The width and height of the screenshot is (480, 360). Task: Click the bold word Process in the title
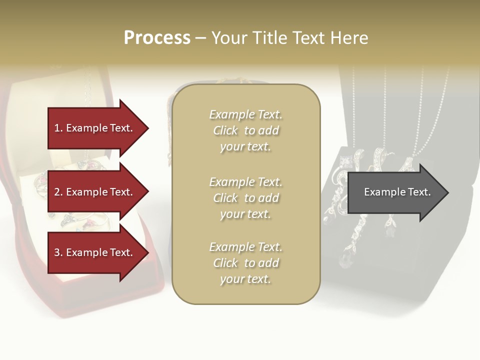tap(157, 38)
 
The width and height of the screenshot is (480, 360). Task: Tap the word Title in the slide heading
tap(269, 38)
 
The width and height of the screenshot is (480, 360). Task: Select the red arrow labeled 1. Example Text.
tap(95, 128)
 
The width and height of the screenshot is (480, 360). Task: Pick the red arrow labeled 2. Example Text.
tap(95, 192)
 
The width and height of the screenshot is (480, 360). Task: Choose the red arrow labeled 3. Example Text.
tap(95, 252)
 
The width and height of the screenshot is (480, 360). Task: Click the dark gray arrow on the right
tap(395, 192)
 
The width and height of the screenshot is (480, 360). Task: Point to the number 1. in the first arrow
tap(58, 128)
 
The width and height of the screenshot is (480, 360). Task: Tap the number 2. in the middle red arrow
tap(58, 192)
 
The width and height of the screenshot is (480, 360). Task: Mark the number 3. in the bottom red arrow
tap(58, 252)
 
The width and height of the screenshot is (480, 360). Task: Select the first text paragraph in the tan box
tap(245, 130)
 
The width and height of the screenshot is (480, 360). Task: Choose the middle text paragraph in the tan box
tap(245, 198)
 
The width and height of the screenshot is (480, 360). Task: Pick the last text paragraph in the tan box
tap(245, 263)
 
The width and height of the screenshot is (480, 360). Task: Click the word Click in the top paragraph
tap(225, 130)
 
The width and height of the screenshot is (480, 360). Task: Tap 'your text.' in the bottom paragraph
tap(245, 279)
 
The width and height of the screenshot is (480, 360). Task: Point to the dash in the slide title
tap(200, 38)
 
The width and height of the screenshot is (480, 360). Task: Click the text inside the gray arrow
tap(397, 192)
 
